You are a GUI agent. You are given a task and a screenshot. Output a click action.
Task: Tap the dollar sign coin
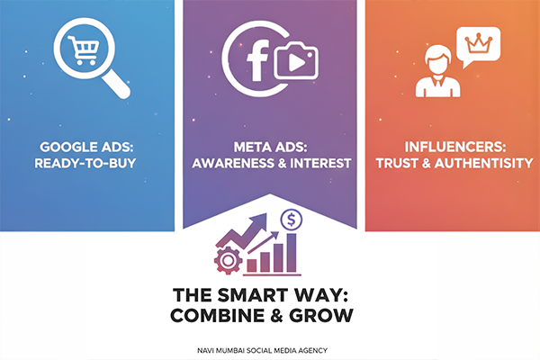click(291, 220)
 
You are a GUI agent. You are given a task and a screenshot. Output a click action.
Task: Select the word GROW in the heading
click(325, 317)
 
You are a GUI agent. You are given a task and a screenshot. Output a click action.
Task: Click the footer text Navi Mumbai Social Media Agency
click(269, 347)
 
